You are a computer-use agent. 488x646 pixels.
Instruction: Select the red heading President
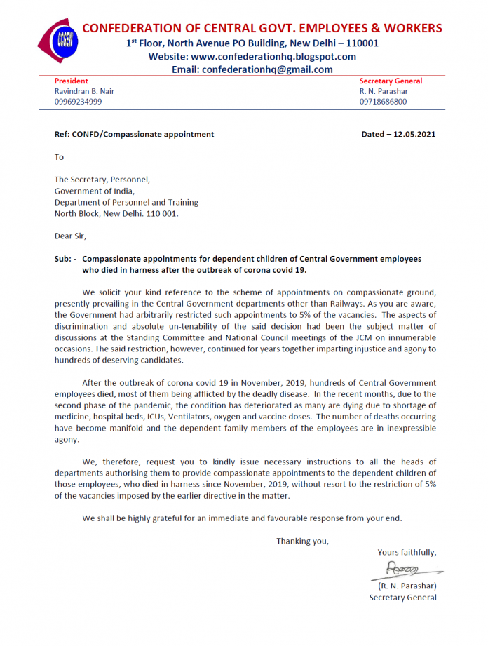coord(72,81)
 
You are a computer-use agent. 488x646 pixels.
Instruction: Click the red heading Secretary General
coord(391,81)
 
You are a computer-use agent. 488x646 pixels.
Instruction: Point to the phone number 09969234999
coord(78,102)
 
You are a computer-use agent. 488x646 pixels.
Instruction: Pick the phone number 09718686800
coord(383,102)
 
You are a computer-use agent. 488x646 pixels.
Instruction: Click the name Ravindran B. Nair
coord(84,91)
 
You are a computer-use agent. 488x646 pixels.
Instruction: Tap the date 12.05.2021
coord(413,134)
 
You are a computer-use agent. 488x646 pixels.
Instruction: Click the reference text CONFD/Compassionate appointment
coord(143,134)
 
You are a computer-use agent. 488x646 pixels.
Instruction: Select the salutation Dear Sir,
coord(70,236)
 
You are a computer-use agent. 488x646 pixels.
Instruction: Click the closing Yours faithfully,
coord(407,552)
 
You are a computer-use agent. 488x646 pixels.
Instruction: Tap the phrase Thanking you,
coord(302,541)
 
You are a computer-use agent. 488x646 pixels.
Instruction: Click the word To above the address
coord(59,157)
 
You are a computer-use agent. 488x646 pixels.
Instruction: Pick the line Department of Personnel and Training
coord(126,202)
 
